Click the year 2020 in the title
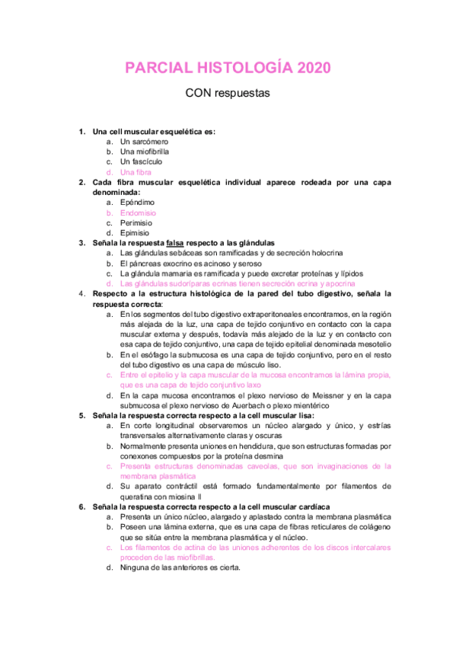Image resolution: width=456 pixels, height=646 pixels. click(311, 68)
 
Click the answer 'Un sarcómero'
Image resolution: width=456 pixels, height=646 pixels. click(144, 142)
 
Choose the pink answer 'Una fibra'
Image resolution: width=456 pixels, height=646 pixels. click(136, 172)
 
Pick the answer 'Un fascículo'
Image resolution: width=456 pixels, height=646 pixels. click(141, 161)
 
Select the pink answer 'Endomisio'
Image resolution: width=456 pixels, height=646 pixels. click(138, 213)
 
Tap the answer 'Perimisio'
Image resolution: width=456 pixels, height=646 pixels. click(136, 223)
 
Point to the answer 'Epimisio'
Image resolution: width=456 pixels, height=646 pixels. click(136, 233)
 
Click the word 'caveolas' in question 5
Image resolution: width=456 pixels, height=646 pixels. click(262, 465)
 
